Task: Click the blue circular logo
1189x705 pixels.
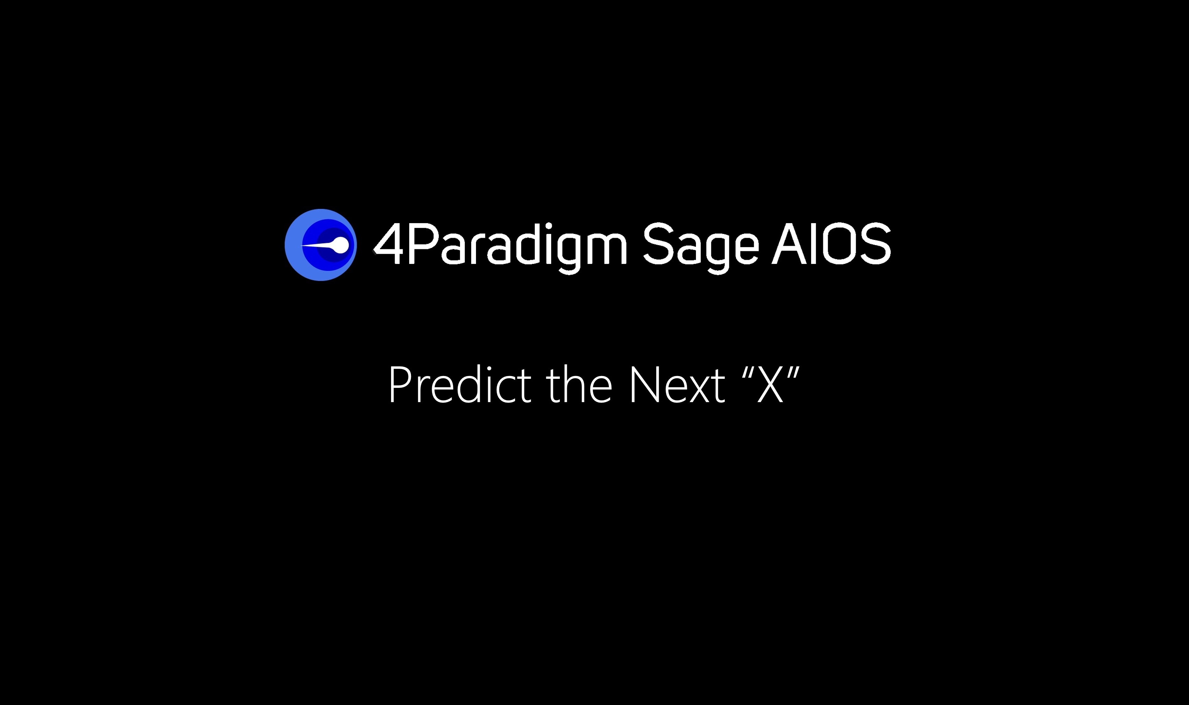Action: pyautogui.click(x=320, y=245)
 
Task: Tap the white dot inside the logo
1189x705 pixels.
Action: pyautogui.click(x=341, y=245)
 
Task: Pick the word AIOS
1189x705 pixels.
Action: pyautogui.click(x=831, y=243)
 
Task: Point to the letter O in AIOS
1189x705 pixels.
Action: pyautogui.click(x=839, y=243)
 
